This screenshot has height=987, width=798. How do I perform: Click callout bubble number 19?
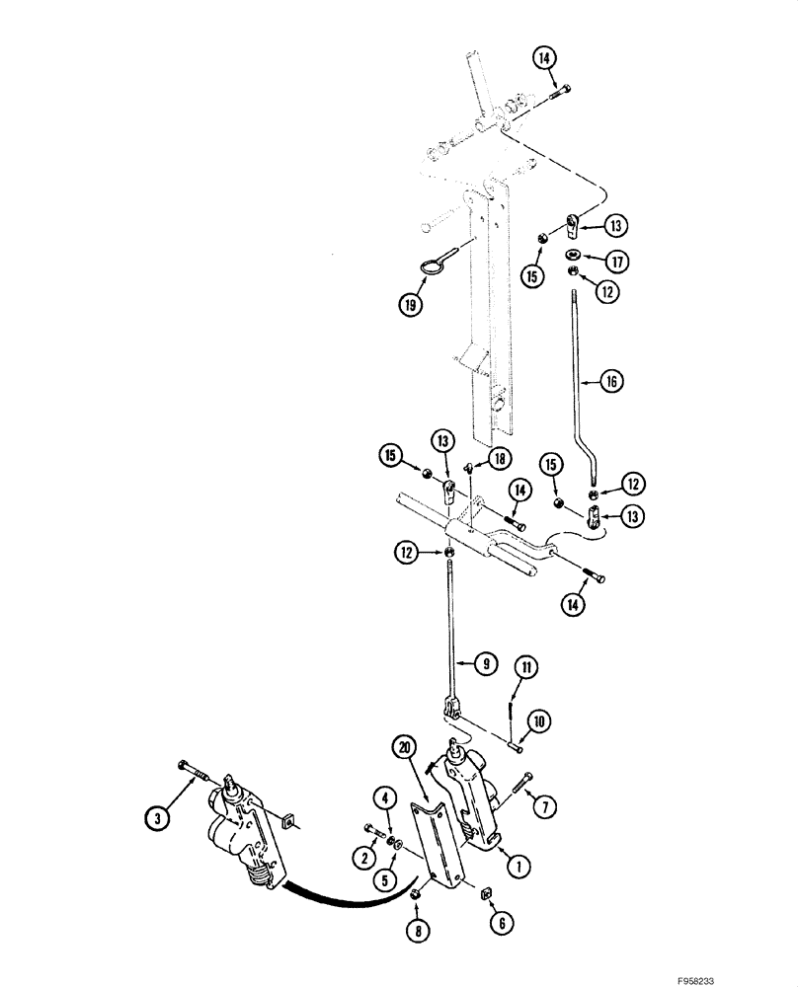[x=406, y=304]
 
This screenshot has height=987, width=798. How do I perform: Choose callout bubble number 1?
[x=513, y=866]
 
